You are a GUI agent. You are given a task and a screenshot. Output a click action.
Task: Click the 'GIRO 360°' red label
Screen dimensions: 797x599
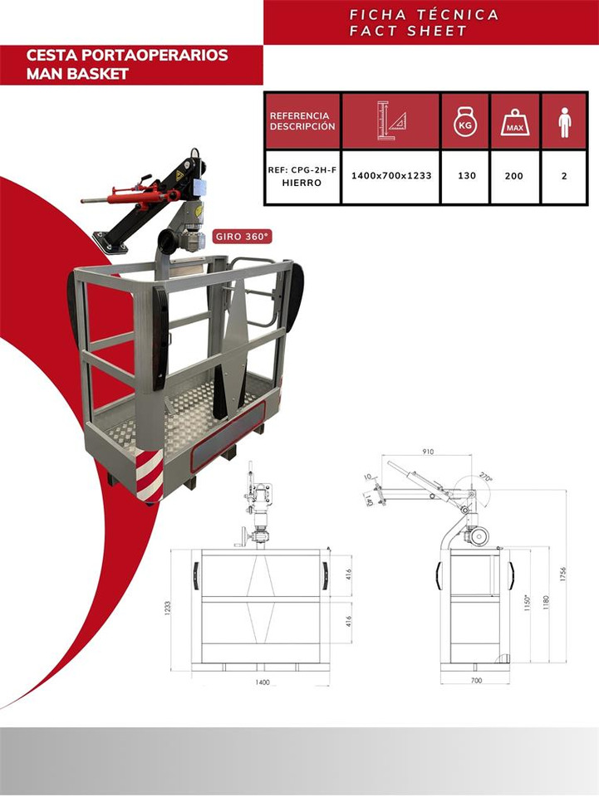click(243, 236)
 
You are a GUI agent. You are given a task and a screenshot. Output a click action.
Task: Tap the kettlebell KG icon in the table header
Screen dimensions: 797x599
click(465, 122)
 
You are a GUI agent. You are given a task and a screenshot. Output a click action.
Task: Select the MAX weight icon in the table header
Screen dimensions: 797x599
click(515, 122)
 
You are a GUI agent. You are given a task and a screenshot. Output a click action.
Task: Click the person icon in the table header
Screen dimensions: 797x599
click(565, 122)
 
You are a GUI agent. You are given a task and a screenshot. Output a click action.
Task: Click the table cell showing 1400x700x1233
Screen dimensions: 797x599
click(390, 176)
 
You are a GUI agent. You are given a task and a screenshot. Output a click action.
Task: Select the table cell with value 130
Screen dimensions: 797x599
click(466, 176)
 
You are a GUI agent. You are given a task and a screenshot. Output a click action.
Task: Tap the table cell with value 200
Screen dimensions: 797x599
click(514, 176)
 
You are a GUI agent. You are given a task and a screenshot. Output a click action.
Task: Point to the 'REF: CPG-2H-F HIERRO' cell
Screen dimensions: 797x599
click(302, 176)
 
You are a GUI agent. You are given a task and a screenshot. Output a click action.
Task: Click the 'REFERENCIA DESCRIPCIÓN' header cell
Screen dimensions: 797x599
click(302, 121)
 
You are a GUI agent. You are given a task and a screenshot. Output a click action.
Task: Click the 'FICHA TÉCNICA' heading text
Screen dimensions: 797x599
click(425, 15)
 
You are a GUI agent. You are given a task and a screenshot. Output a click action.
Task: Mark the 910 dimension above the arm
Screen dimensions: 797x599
click(427, 452)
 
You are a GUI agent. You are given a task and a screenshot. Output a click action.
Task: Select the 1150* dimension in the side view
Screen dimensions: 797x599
click(526, 602)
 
